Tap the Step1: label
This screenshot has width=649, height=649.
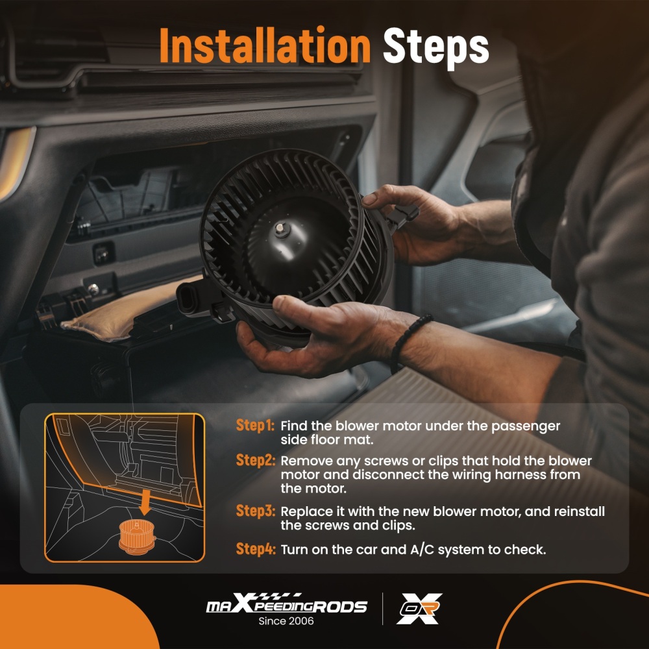(255, 425)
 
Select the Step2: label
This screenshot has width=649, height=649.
(255, 460)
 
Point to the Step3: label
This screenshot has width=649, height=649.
(255, 511)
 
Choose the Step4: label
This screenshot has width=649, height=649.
(255, 549)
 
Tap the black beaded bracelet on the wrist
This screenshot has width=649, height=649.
(408, 341)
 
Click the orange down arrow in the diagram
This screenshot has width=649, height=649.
(145, 502)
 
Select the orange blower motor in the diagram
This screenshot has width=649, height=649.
(137, 537)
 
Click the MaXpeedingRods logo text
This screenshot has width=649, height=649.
(286, 604)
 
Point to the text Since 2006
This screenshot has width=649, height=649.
(286, 621)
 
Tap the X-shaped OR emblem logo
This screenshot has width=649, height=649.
(419, 609)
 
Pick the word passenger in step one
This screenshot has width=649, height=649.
(526, 426)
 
